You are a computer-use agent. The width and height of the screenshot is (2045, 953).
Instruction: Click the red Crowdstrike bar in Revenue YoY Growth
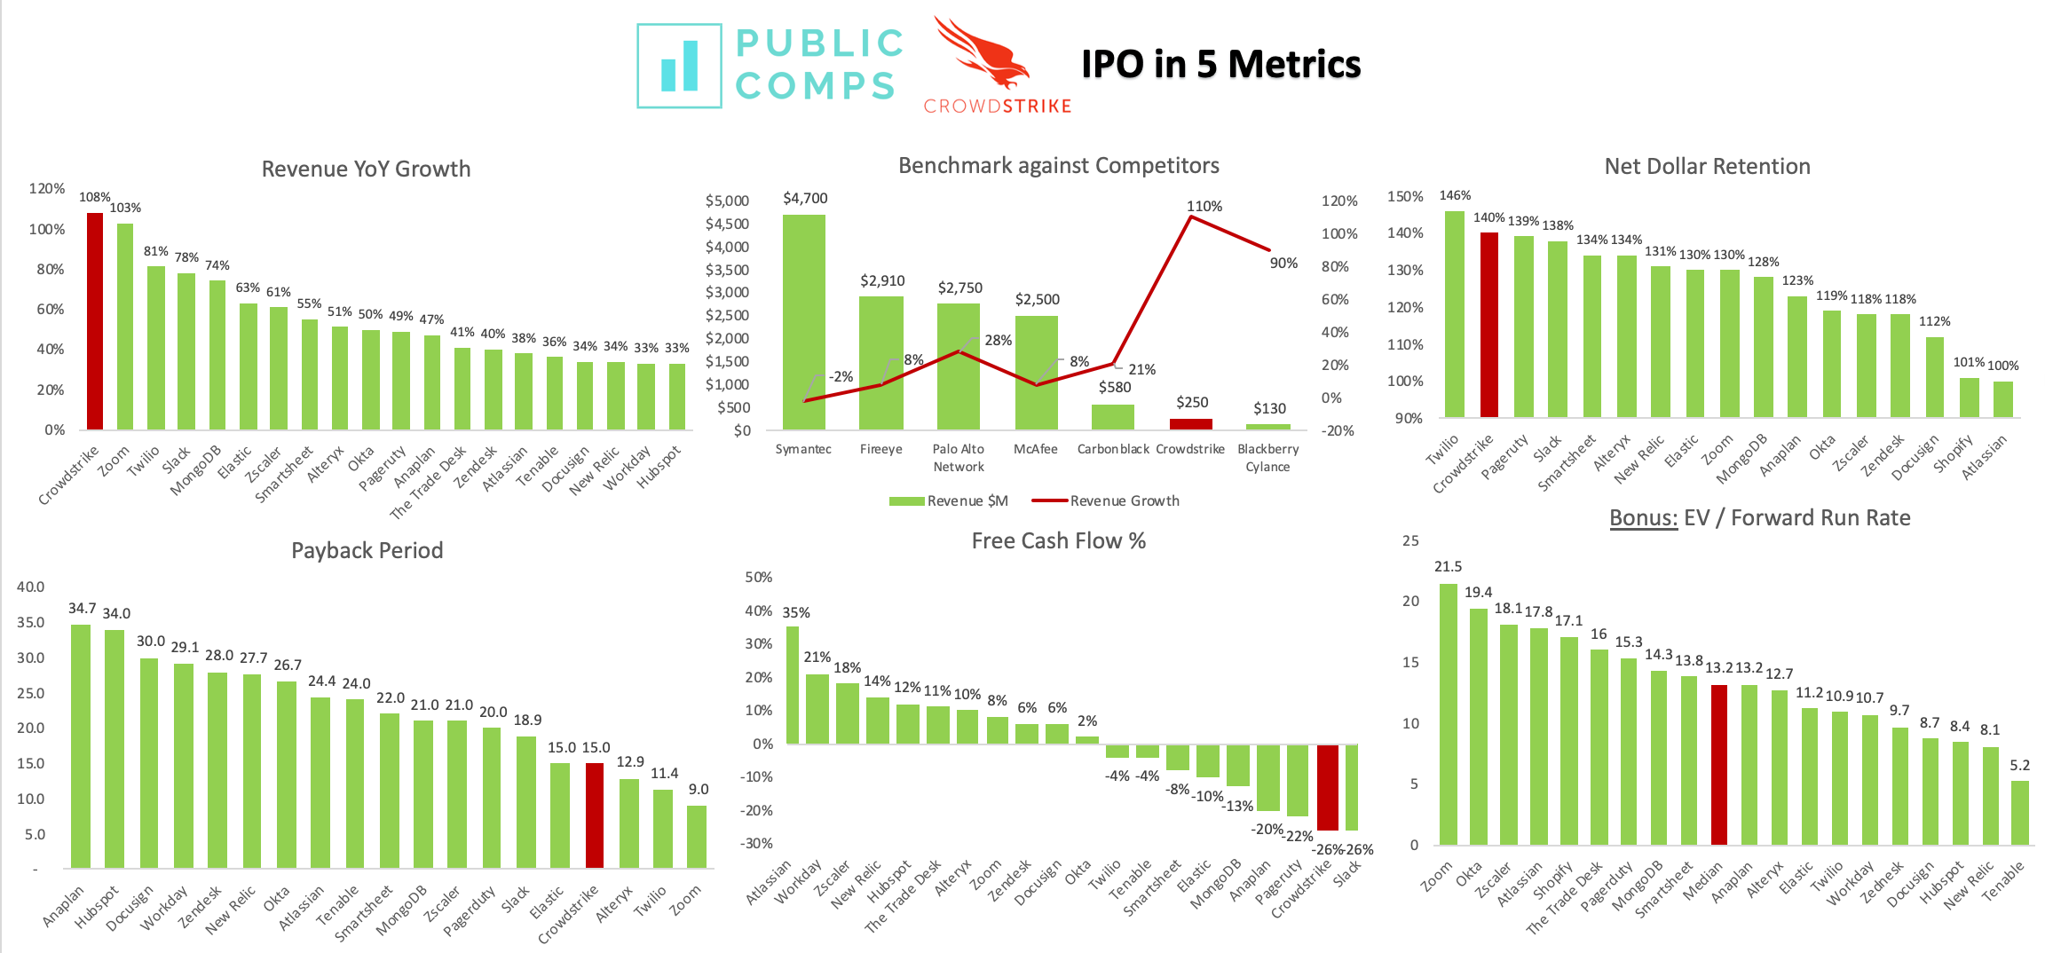point(95,321)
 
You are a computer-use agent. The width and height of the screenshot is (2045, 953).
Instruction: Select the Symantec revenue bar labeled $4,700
point(803,322)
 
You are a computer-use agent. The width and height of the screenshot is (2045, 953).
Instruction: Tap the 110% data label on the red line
point(1204,206)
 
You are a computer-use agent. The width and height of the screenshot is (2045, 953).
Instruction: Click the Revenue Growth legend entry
point(1106,500)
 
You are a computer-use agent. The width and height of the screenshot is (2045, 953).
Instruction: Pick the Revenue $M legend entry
point(949,500)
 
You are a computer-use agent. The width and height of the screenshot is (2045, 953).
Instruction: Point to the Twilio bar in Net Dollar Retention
point(1455,314)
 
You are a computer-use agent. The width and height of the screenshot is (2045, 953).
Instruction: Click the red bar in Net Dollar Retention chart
point(1489,325)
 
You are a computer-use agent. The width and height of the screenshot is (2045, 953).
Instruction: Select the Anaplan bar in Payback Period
point(81,746)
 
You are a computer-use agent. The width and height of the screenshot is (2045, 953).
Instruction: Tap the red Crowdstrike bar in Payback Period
point(595,815)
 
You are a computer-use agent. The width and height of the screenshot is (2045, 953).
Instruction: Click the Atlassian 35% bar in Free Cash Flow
point(792,685)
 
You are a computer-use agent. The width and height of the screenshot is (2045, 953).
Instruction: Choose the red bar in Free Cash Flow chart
point(1327,787)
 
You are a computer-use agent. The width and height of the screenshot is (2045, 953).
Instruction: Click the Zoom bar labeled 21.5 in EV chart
point(1448,714)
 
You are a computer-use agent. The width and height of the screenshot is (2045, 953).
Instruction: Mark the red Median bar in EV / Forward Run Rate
point(1719,764)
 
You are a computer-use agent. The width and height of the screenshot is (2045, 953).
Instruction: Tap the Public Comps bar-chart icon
point(679,67)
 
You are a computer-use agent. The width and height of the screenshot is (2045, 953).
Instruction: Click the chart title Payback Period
point(367,550)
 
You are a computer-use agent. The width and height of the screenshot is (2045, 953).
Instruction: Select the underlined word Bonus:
point(1643,517)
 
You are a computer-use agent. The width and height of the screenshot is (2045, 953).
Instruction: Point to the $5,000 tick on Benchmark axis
point(727,201)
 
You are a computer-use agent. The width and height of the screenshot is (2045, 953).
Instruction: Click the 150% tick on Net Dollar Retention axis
point(1405,196)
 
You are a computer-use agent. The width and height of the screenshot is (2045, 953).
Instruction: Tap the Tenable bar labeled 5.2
point(2019,812)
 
